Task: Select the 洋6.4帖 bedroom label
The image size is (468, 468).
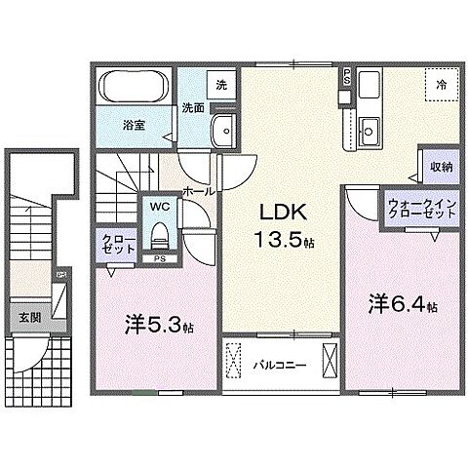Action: (401, 304)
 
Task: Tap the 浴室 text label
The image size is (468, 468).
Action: (133, 126)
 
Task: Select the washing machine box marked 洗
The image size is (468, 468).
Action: (221, 85)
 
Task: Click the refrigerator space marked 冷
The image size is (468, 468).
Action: (442, 86)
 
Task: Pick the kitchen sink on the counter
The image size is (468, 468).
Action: (370, 127)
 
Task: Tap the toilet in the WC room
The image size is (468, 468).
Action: (160, 235)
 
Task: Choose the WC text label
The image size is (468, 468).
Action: (159, 206)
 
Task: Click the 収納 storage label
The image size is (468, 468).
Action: (442, 167)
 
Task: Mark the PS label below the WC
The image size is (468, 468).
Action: (159, 258)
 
